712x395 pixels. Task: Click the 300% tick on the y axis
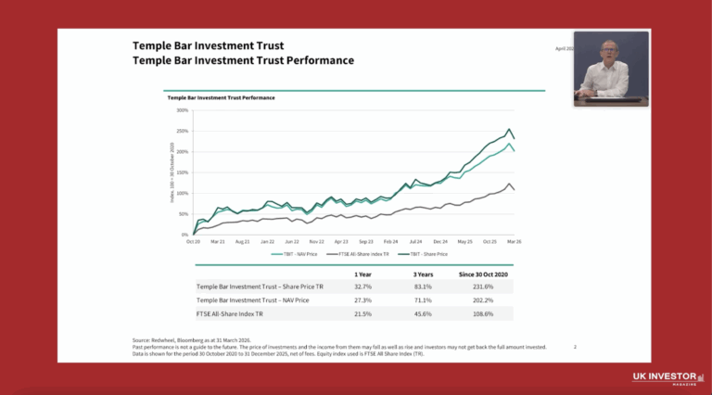click(x=183, y=110)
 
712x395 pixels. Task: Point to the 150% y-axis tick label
click(x=183, y=172)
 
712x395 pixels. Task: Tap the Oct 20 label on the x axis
click(x=194, y=241)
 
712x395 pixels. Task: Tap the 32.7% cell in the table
click(x=364, y=288)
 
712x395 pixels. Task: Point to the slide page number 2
click(x=575, y=347)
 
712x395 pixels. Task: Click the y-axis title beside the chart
click(x=172, y=172)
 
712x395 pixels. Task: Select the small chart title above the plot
click(x=221, y=96)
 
